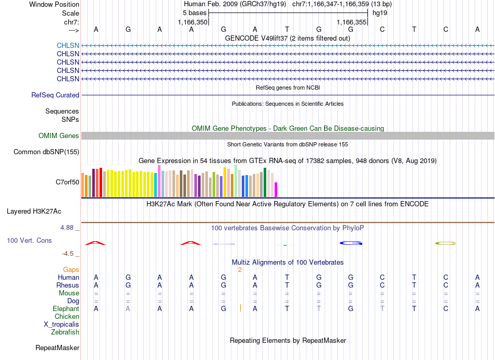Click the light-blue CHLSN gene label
pyautogui.click(x=68, y=45)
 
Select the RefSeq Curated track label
pyautogui.click(x=55, y=95)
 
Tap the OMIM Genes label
pyautogui.click(x=59, y=135)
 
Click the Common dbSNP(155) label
pyautogui.click(x=46, y=152)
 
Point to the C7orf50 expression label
pyautogui.click(x=68, y=182)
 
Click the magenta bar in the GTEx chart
pyautogui.click(x=276, y=190)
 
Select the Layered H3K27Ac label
pyautogui.click(x=34, y=212)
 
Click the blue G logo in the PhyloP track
pyautogui.click(x=351, y=243)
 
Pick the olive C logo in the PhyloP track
pyautogui.click(x=445, y=243)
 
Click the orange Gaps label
pyautogui.click(x=71, y=269)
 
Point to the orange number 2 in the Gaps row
pyautogui.click(x=240, y=270)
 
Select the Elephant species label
pyautogui.click(x=66, y=308)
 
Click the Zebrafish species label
pyautogui.click(x=65, y=332)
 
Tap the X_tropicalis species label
pyautogui.click(x=61, y=325)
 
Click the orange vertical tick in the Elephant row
pyautogui.click(x=241, y=308)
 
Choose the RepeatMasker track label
pyautogui.click(x=57, y=347)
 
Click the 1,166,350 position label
pyautogui.click(x=193, y=22)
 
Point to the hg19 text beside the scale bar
pyautogui.click(x=380, y=13)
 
